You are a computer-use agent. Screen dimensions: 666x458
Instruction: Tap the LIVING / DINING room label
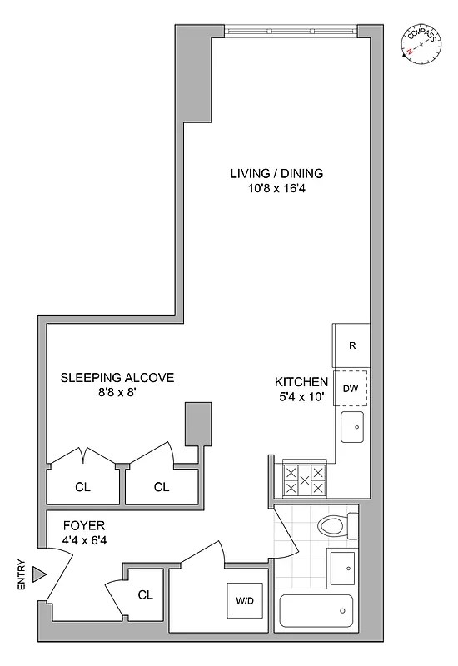pos(276,174)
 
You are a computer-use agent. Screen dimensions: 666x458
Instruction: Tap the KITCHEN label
pos(301,382)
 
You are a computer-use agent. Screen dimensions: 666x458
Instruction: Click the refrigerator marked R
pos(351,345)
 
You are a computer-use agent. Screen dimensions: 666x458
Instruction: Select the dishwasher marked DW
pos(351,387)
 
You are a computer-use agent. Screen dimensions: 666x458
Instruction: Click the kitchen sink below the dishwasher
pos(351,426)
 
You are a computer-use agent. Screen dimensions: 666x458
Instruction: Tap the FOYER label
pos(83,527)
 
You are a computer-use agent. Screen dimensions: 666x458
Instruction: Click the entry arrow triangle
pos(38,574)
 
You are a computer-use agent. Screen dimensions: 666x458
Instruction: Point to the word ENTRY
pos(22,574)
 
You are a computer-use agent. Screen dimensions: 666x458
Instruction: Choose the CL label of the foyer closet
pos(146,594)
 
